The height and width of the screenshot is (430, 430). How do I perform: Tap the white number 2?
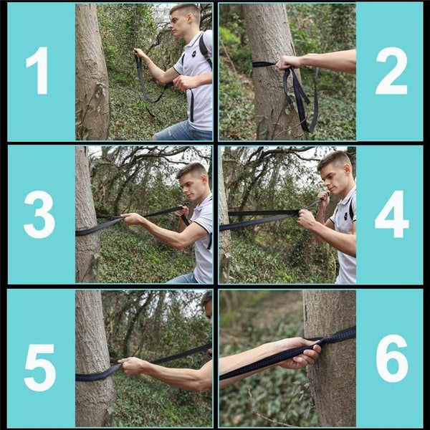tap(391, 70)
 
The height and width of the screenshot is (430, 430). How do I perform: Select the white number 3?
tap(39, 214)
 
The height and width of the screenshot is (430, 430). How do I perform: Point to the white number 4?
tap(391, 214)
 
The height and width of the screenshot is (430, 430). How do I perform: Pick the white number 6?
tap(391, 358)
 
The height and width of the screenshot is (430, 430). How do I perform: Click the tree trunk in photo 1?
tap(91, 72)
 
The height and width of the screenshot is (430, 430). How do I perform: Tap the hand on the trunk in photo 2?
tap(289, 62)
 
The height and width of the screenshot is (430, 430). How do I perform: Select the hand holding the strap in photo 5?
tap(132, 366)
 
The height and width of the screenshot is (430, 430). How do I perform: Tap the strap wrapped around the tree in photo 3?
tap(88, 230)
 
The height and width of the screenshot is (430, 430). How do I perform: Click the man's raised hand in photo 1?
tap(140, 54)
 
